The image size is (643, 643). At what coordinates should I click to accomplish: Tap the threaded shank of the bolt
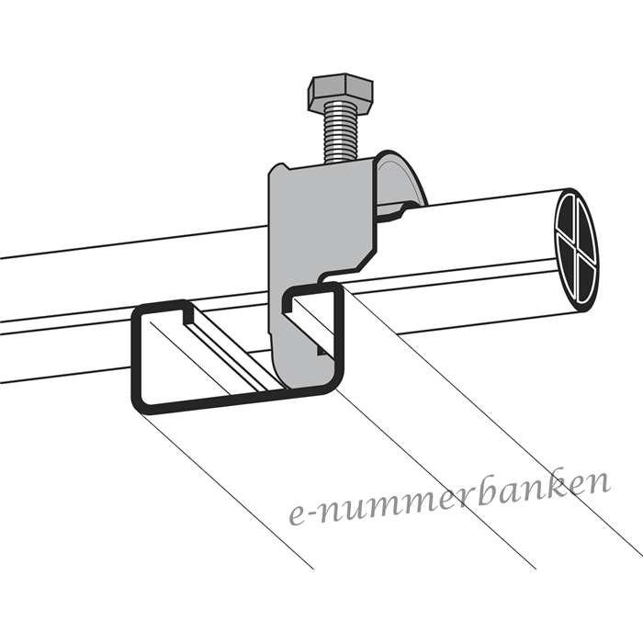341,132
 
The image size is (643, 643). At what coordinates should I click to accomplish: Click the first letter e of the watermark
298,516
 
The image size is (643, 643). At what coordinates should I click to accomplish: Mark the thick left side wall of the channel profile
136,356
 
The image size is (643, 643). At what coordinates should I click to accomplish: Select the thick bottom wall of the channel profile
238,400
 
